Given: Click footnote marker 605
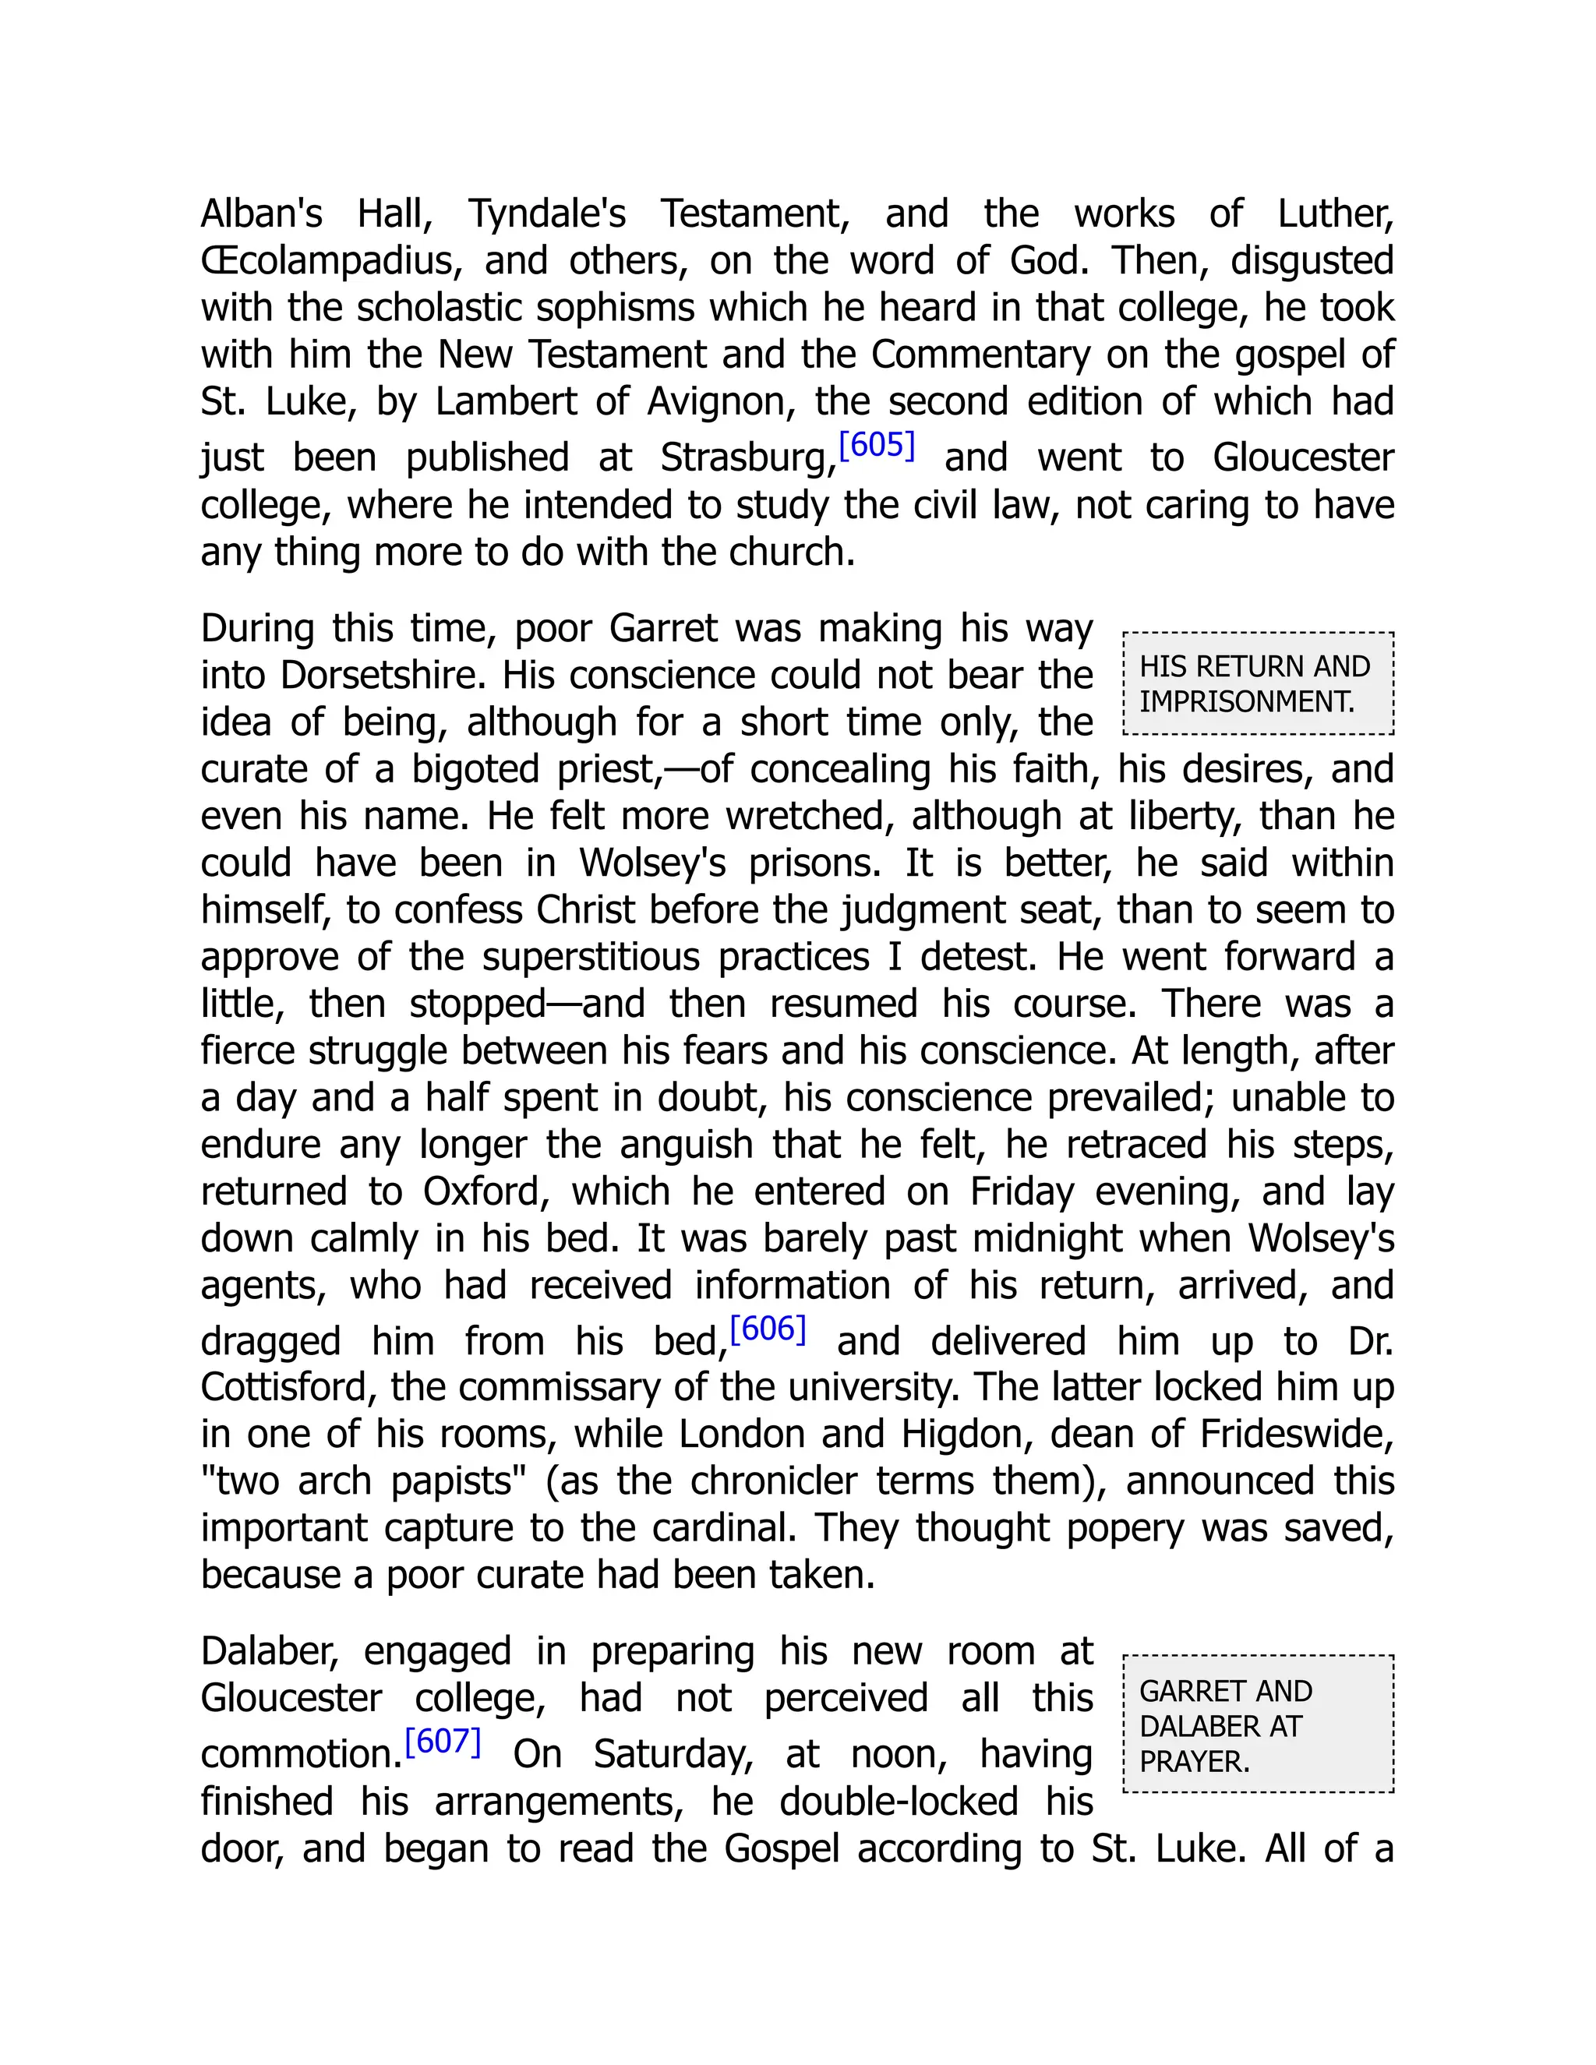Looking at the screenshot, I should tap(877, 444).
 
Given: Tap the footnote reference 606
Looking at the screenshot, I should tap(768, 1329).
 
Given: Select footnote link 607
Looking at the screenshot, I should tap(443, 1741).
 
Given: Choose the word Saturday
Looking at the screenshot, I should tap(673, 1755).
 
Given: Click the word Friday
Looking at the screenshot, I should tap(1022, 1191).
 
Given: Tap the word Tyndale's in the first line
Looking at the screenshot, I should tap(546, 214).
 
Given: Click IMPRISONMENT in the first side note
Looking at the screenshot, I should tap(1246, 701).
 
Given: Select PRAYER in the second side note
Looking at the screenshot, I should tap(1194, 1762).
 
